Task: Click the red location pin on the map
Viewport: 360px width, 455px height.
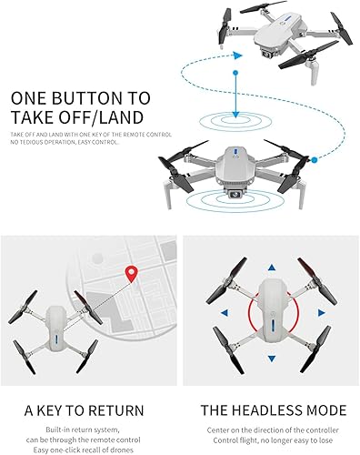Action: (132, 272)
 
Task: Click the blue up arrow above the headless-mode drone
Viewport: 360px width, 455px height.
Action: (269, 268)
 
